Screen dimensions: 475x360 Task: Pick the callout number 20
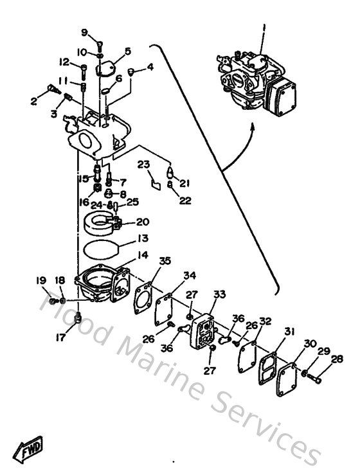142,221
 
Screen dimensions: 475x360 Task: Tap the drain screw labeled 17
78,316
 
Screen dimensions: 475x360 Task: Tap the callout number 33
219,294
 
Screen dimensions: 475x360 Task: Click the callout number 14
142,255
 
